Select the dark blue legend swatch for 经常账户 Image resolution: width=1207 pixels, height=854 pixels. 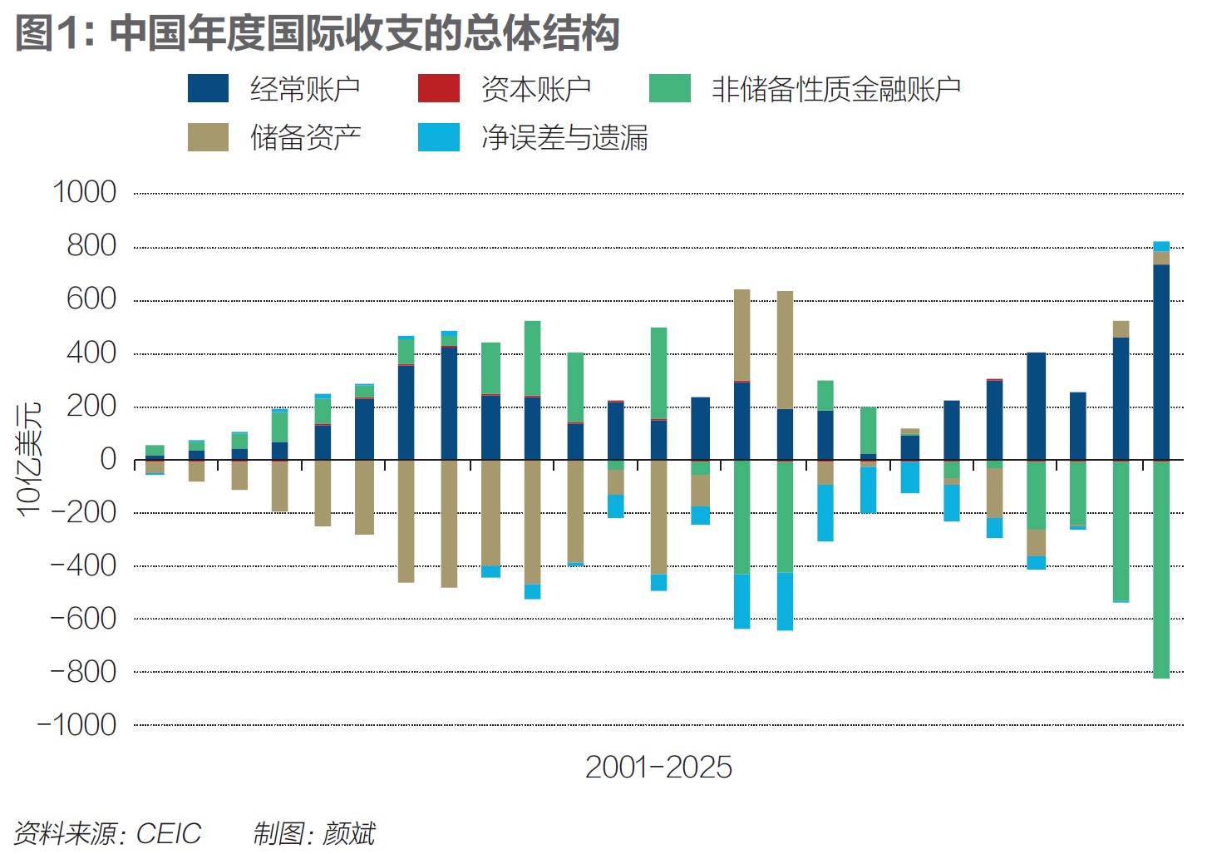tap(208, 89)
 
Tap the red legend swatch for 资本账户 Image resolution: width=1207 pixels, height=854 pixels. tap(438, 89)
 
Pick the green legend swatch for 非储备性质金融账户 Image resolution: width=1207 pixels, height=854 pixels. tap(669, 89)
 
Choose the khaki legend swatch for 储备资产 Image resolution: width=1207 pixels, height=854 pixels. tap(208, 137)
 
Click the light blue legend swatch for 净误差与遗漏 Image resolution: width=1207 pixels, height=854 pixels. tap(438, 137)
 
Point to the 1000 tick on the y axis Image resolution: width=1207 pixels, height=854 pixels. tap(84, 193)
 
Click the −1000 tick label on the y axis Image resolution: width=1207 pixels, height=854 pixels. tap(77, 725)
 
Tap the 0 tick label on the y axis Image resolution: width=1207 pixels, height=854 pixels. tap(108, 459)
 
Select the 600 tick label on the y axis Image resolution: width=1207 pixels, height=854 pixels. tap(91, 299)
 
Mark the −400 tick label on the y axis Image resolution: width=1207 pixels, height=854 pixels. tap(83, 565)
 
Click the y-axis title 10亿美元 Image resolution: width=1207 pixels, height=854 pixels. tap(28, 459)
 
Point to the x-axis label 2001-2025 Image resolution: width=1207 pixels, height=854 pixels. tap(658, 767)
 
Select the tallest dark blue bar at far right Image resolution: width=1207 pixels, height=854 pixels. tap(1161, 362)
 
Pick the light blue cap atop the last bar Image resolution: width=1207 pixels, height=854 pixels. tap(1161, 246)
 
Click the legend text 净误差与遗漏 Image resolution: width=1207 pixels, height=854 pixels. tap(564, 137)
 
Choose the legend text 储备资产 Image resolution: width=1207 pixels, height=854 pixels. tap(305, 137)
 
